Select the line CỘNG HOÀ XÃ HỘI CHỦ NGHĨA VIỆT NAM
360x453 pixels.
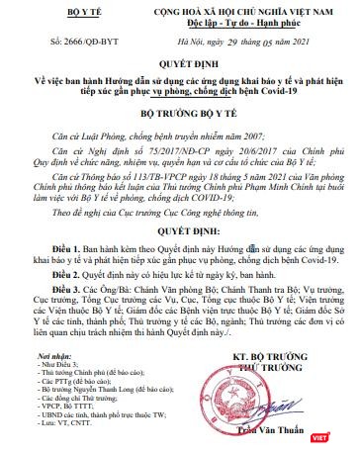[x=238, y=8]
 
